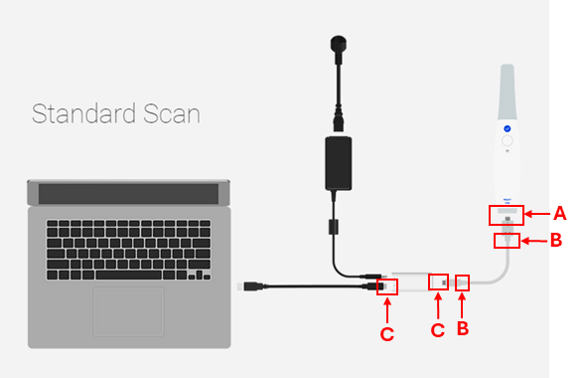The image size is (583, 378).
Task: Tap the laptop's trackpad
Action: click(x=129, y=310)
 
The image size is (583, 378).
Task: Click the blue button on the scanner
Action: click(x=507, y=128)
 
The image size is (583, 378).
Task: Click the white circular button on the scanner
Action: click(x=507, y=142)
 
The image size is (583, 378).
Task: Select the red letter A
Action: click(x=559, y=213)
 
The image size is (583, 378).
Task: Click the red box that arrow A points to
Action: click(x=507, y=215)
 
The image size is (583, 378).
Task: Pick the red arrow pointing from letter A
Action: click(x=537, y=213)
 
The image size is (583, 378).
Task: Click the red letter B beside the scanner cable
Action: click(x=556, y=240)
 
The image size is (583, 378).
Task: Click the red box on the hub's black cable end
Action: click(x=386, y=285)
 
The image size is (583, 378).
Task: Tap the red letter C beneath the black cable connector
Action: click(x=387, y=333)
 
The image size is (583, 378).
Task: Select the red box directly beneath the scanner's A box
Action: click(x=507, y=240)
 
